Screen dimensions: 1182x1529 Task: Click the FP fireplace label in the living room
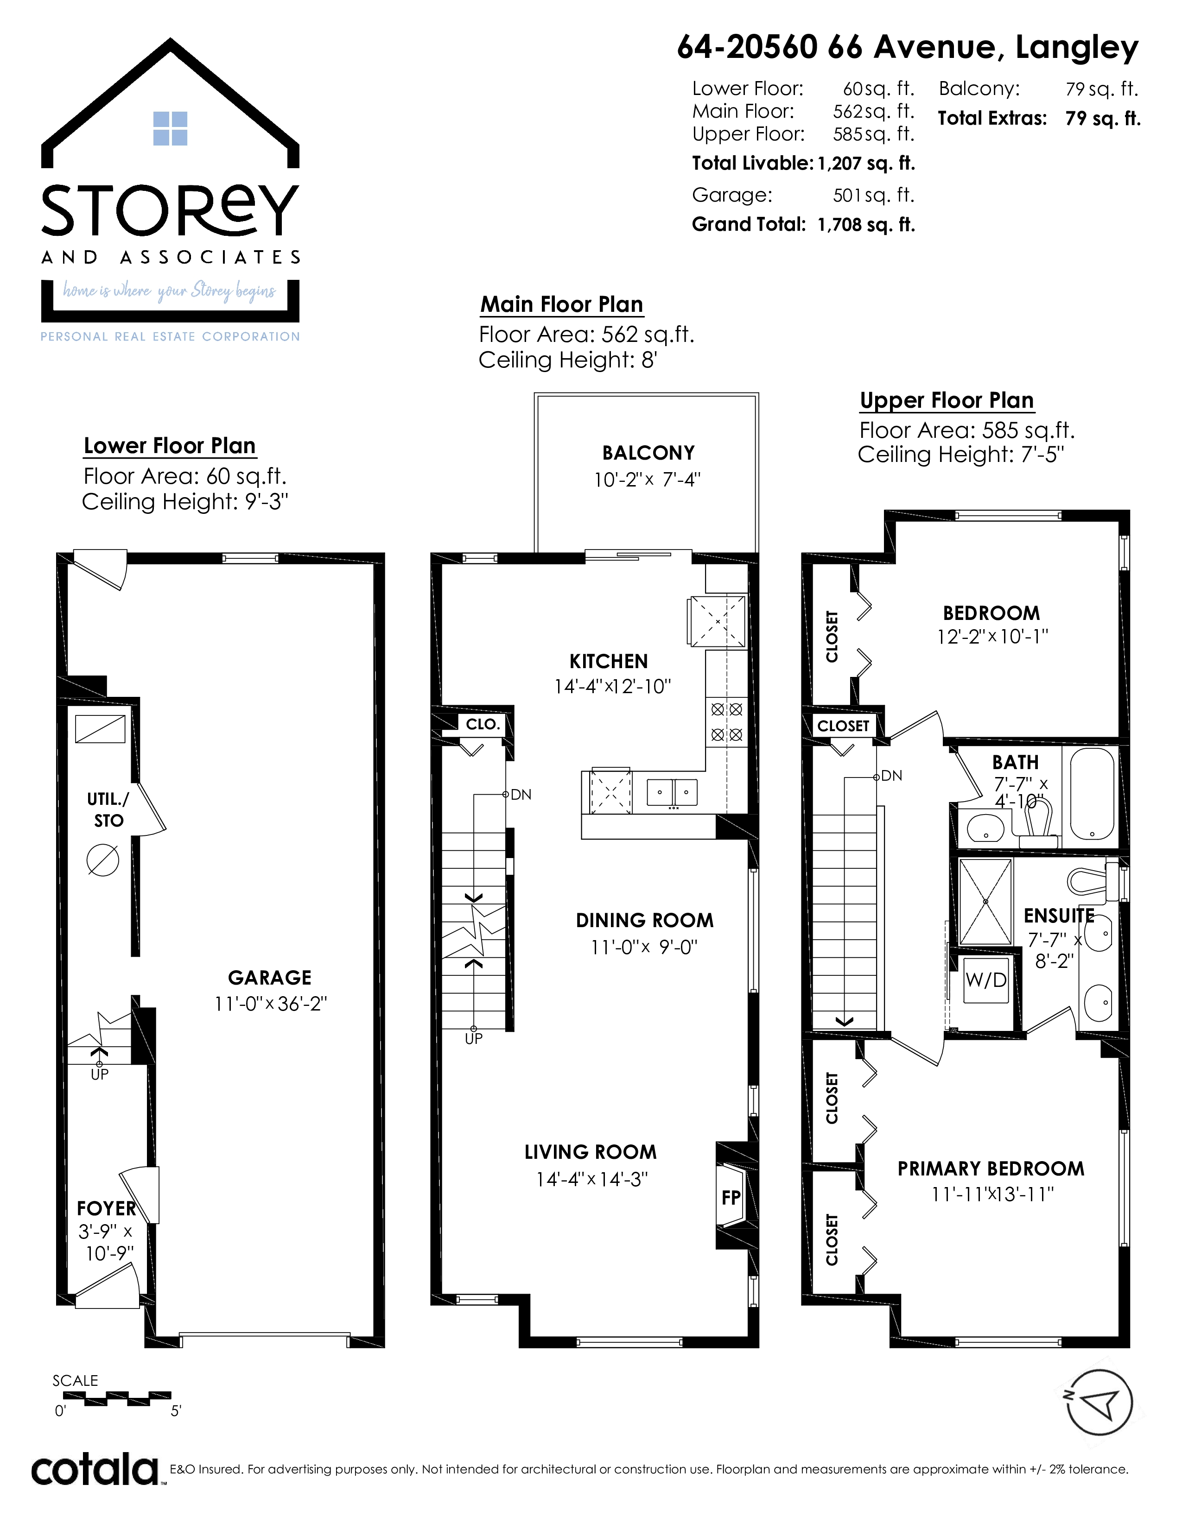(731, 1197)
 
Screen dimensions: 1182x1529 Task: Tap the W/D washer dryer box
(986, 979)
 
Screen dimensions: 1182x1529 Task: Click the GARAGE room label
(270, 977)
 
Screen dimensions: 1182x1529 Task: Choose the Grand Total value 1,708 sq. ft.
(866, 225)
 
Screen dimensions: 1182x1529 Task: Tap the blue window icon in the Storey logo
(170, 128)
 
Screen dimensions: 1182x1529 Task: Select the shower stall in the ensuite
(985, 902)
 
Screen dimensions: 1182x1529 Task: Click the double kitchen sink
(672, 792)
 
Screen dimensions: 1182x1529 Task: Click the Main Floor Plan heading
(562, 304)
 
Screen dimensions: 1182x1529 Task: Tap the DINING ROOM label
(645, 921)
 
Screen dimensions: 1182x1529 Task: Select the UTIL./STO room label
(108, 810)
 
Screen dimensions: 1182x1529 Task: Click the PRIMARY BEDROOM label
(991, 1169)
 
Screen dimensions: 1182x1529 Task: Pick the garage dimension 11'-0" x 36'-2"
(270, 1004)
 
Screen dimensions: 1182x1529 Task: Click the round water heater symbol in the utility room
(103, 860)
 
